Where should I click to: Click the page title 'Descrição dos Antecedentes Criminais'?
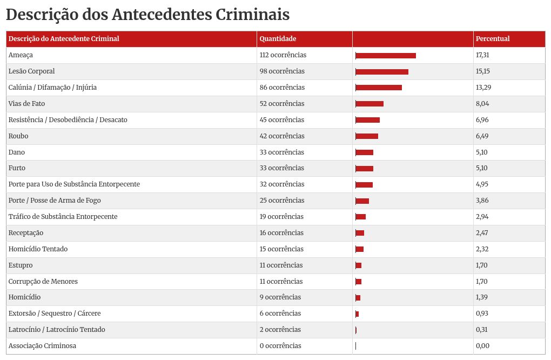click(147, 15)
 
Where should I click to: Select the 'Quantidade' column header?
click(278, 39)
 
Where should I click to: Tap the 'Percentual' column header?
click(492, 39)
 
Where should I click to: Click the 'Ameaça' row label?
click(21, 55)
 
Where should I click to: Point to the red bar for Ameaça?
click(386, 56)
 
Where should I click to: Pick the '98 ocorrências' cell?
click(282, 71)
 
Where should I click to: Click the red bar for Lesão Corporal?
click(382, 72)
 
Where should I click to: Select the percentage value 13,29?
click(483, 88)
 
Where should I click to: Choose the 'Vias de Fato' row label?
click(27, 104)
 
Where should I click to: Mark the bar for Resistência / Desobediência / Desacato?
click(368, 120)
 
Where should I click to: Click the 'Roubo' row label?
click(18, 136)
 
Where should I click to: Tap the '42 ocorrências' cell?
click(282, 136)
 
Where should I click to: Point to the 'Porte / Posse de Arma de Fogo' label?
click(55, 201)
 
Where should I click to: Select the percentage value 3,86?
click(482, 201)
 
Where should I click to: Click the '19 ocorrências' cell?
click(281, 217)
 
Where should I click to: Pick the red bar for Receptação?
click(360, 233)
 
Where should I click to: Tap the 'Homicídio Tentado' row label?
click(38, 249)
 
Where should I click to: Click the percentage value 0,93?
click(482, 314)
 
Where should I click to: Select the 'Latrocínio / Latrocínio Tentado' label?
click(57, 330)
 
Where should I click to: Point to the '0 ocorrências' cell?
click(280, 346)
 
